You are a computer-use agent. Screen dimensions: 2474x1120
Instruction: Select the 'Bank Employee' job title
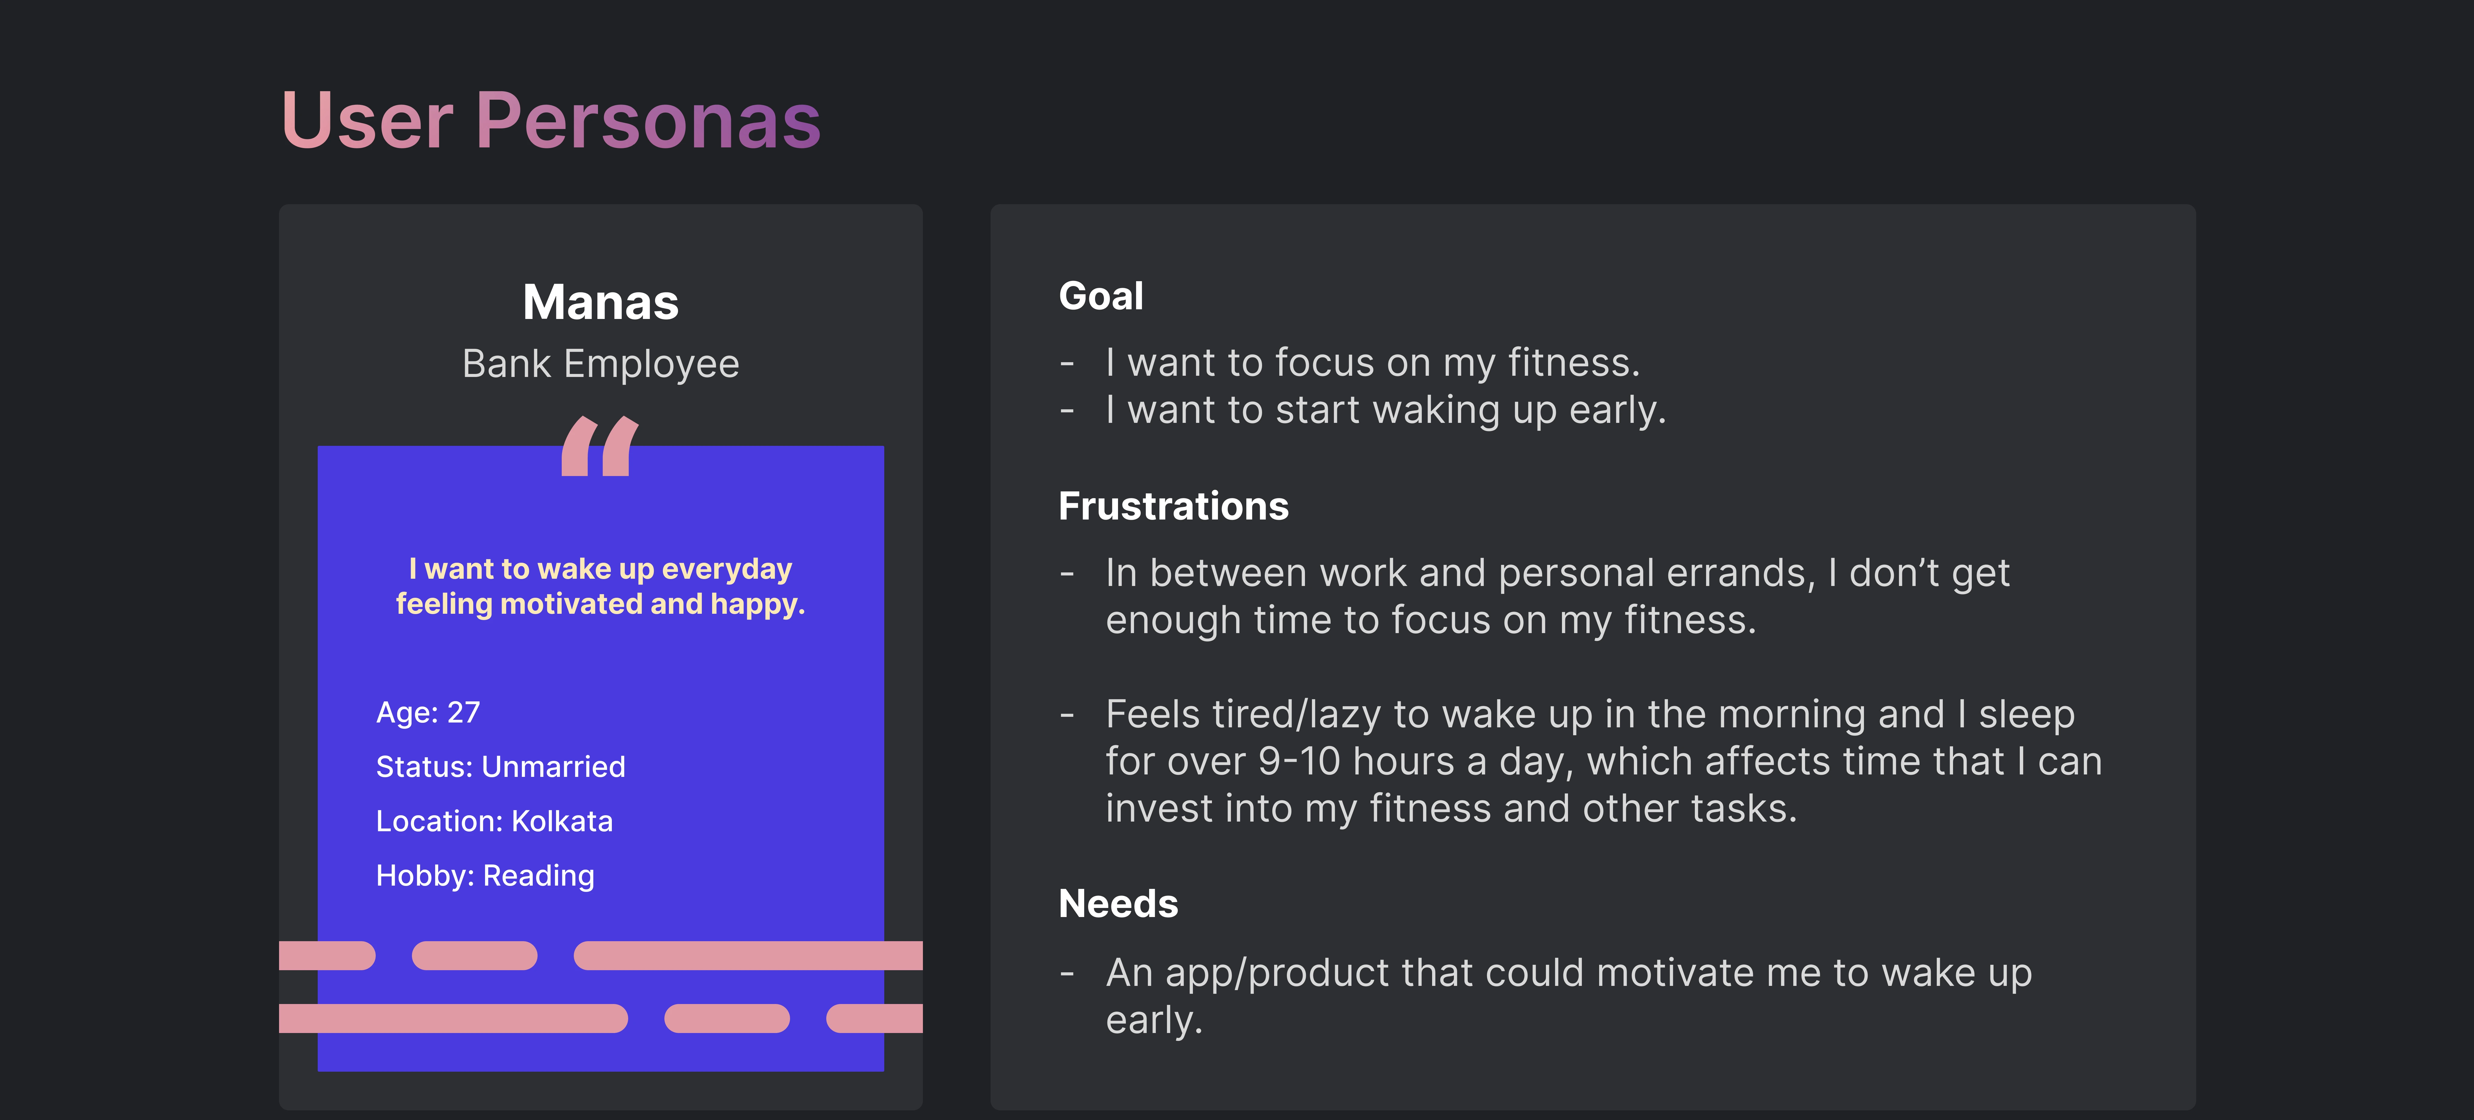pos(600,364)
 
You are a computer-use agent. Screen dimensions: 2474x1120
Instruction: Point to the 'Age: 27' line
pos(427,713)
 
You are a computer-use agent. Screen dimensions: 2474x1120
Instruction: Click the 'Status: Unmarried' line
pos(500,767)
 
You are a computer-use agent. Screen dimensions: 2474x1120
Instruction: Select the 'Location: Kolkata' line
pos(494,821)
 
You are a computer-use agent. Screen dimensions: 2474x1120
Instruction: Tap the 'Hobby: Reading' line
pos(485,876)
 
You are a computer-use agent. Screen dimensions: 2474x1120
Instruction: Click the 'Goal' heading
pos(1100,296)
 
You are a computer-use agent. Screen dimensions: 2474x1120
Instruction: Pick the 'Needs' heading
pos(1118,904)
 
